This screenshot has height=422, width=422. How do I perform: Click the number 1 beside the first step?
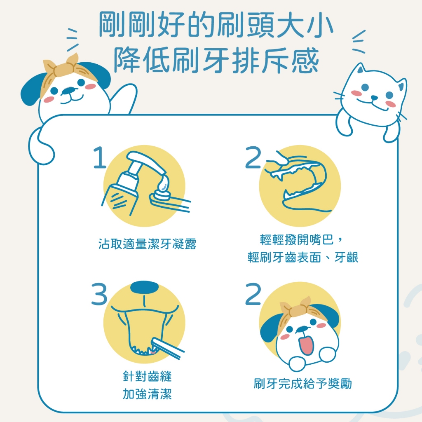(x=100, y=157)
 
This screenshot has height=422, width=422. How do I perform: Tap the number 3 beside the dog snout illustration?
(x=99, y=294)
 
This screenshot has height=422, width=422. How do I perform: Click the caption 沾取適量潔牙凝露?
(x=147, y=244)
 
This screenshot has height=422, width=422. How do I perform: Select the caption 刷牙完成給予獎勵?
(x=302, y=383)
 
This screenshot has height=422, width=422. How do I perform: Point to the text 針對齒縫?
(x=147, y=376)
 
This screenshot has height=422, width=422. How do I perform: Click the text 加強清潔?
(x=147, y=394)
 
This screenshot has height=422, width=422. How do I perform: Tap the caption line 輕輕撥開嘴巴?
(x=297, y=239)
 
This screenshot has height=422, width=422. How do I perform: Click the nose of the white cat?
(x=374, y=97)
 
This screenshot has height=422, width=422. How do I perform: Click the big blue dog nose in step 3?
(x=144, y=287)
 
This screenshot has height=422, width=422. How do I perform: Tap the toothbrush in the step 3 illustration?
(x=167, y=348)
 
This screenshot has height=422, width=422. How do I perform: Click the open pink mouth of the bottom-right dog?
(x=306, y=343)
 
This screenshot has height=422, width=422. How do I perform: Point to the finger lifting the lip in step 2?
(x=279, y=159)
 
